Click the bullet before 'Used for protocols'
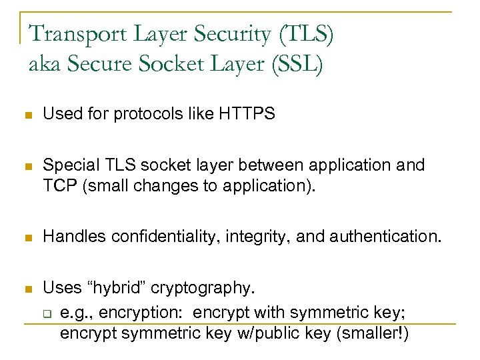27,115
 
